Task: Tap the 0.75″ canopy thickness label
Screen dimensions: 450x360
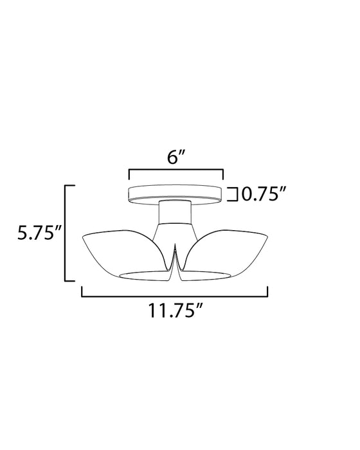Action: coord(263,194)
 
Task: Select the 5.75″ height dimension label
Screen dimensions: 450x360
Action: coord(39,232)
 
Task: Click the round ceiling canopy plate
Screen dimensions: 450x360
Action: coord(175,193)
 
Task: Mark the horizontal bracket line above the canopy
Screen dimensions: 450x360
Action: coord(175,170)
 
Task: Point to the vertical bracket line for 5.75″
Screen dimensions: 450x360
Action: coord(66,232)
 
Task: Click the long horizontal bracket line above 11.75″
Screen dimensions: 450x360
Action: coord(175,296)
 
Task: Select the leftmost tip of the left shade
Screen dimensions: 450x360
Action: coord(84,239)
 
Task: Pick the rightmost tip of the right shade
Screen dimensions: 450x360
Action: coord(267,239)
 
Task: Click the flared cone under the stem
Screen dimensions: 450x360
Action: coord(175,231)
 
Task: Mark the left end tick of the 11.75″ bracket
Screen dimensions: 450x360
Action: coord(82,292)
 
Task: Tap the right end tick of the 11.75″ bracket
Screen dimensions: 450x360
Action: coord(268,292)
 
